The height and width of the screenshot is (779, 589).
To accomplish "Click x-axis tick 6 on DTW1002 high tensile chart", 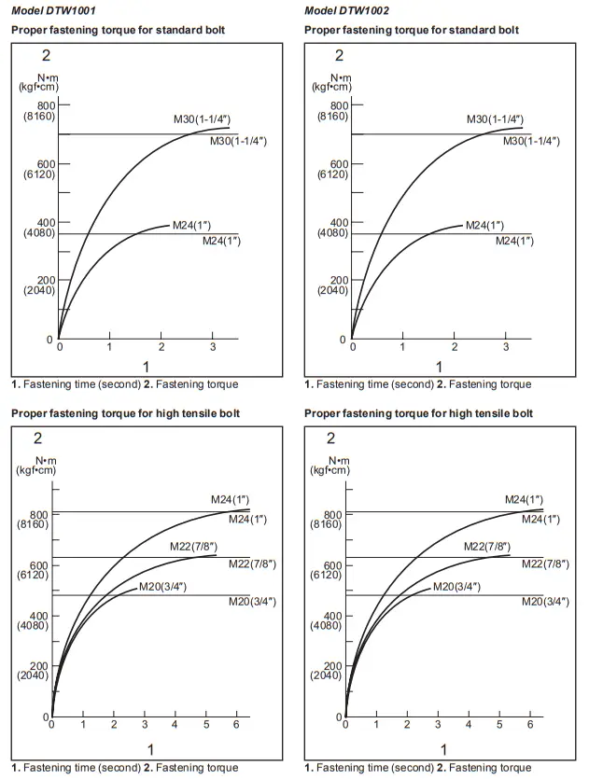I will (530, 725).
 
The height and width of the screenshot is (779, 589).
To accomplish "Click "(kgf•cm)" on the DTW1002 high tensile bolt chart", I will (327, 470).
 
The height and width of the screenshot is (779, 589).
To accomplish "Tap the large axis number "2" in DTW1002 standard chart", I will (339, 56).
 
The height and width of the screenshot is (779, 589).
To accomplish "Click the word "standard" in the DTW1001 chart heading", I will (196, 30).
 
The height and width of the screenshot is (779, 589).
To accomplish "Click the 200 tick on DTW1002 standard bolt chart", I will (338, 280).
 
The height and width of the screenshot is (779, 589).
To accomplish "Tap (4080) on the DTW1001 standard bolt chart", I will (38, 232).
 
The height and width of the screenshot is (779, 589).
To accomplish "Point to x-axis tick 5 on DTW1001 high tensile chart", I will (205, 725).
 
